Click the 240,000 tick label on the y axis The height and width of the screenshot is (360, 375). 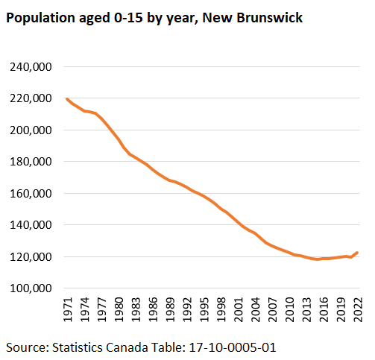tap(31, 67)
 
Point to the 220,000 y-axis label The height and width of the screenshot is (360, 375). tap(31, 98)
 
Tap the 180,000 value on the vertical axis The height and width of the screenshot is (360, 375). tap(31, 162)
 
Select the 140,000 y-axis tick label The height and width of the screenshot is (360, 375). tap(31, 225)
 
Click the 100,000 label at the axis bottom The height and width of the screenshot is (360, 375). tap(31, 288)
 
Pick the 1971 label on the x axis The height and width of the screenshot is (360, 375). tap(68, 309)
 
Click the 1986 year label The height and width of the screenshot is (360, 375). tap(153, 309)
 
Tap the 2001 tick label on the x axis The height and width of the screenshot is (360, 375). tap(239, 309)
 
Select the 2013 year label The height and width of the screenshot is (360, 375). tap(307, 309)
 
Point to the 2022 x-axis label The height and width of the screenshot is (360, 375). tap(359, 309)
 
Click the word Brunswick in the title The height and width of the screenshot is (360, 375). tap(270, 18)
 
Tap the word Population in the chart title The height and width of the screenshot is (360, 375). tap(40, 19)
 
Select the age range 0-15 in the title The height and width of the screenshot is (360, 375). tap(128, 18)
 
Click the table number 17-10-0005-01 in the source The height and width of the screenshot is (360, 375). tap(233, 347)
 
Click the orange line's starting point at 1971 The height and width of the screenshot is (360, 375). tap(67, 99)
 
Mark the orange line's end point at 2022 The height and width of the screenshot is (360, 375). tap(357, 253)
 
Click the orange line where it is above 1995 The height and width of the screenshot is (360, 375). tap(204, 196)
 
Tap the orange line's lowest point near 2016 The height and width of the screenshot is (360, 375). tap(317, 259)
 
